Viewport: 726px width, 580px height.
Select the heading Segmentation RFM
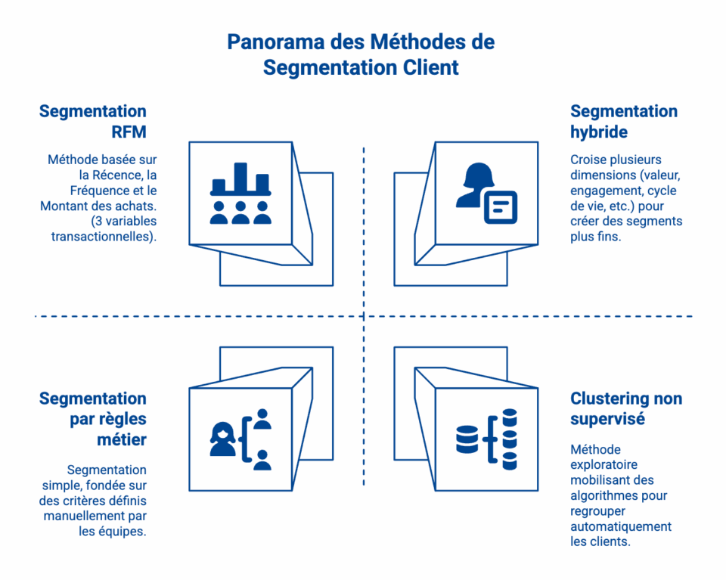pyautogui.click(x=93, y=122)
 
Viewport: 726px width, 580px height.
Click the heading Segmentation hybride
pyautogui.click(x=623, y=122)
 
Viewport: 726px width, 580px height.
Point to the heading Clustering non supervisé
pyautogui.click(x=625, y=408)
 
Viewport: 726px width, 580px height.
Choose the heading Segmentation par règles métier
pyautogui.click(x=93, y=419)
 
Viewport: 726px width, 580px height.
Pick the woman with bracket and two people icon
pyautogui.click(x=240, y=439)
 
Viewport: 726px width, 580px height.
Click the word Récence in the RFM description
pyautogui.click(x=116, y=175)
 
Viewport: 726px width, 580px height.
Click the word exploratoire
pyautogui.click(x=603, y=465)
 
